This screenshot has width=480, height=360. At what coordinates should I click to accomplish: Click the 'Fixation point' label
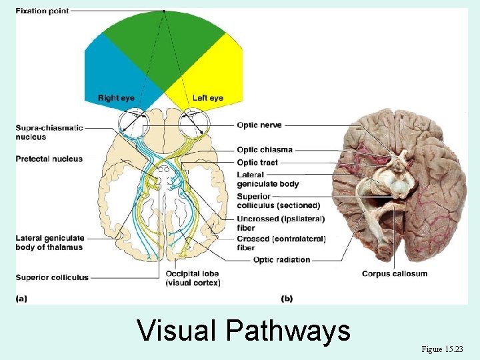[41, 11]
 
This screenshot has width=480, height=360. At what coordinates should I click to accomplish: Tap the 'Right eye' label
[116, 98]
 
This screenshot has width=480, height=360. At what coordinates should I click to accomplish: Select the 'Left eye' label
[207, 98]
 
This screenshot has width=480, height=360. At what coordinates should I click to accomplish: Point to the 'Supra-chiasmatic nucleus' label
[49, 132]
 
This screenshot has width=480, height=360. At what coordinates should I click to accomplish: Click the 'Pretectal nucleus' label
[49, 159]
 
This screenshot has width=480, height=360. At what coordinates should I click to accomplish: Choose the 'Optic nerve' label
[259, 125]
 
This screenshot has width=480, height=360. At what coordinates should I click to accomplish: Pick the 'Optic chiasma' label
[265, 150]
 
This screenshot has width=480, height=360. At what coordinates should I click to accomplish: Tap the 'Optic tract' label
[257, 163]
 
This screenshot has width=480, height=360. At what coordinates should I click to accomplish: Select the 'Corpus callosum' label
[395, 273]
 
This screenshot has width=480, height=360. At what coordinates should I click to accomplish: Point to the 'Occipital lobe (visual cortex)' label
[193, 278]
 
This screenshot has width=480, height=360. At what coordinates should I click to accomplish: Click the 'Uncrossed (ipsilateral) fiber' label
[280, 223]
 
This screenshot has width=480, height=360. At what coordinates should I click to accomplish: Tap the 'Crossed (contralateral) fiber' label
[281, 243]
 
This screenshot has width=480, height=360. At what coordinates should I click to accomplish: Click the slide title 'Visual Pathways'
[243, 331]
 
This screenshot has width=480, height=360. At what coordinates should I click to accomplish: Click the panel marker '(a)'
[21, 299]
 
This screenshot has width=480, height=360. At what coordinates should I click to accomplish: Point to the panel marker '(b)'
[287, 299]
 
